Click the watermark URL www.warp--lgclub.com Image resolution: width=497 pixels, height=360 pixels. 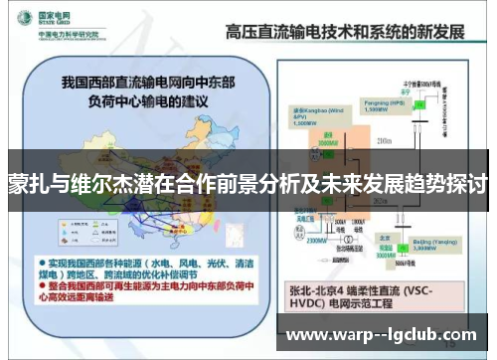[x=382, y=334]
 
